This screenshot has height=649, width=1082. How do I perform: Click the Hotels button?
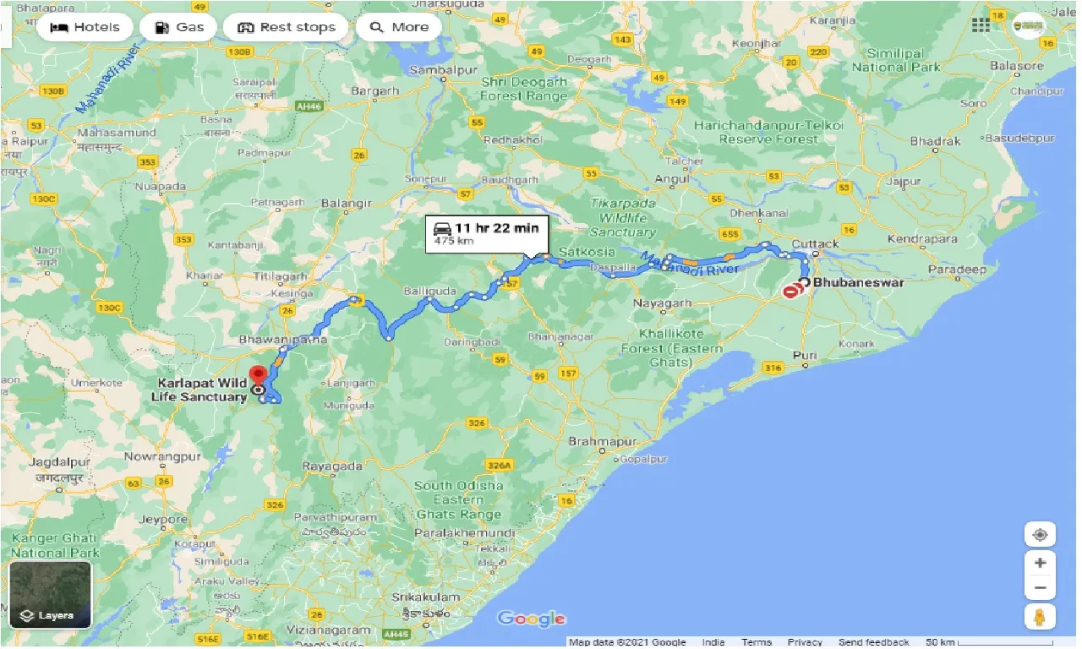(x=85, y=27)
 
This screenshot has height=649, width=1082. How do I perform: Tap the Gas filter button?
(x=178, y=27)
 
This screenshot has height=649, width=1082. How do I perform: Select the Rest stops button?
(x=287, y=27)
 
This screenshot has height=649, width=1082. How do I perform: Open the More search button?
(x=399, y=27)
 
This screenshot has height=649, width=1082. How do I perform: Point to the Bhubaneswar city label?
(x=857, y=282)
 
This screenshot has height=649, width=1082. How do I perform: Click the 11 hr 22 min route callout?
(x=488, y=232)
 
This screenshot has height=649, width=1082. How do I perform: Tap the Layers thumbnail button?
(x=50, y=594)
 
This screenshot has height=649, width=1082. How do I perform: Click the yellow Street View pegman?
(x=1040, y=617)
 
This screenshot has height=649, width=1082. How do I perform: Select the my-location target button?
(x=1040, y=535)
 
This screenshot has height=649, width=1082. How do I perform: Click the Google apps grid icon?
(x=981, y=25)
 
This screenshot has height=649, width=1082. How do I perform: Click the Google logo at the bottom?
(x=531, y=619)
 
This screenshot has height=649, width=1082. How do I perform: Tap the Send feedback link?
(x=874, y=642)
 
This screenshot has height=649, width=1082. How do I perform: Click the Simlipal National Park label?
(x=896, y=60)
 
